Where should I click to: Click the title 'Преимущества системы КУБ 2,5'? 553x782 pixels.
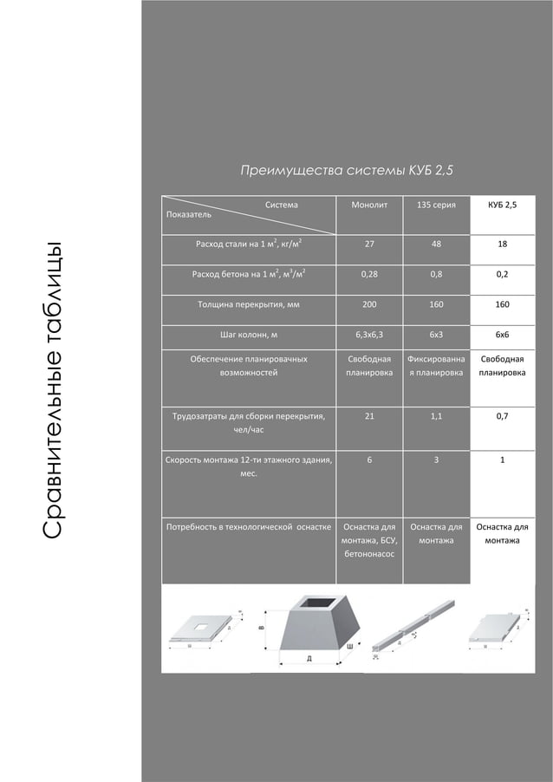346,170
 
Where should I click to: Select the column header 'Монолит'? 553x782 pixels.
369,205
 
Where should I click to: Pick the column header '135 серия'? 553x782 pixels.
436,205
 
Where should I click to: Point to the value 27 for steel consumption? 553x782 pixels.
369,244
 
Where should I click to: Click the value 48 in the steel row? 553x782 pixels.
436,244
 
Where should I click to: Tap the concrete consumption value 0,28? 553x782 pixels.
369,275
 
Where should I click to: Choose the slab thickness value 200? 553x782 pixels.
369,305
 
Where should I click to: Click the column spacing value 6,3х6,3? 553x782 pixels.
369,334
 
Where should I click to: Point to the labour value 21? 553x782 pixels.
369,416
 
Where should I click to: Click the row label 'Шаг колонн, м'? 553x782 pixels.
249,334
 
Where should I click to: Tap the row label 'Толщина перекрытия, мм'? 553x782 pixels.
249,305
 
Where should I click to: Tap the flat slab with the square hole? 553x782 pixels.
201,628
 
